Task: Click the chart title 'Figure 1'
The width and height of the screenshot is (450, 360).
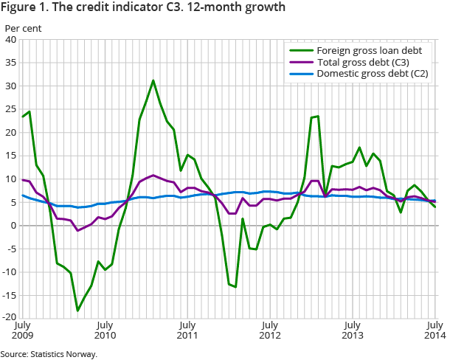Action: tap(145, 9)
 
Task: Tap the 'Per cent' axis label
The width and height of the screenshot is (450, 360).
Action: tap(24, 29)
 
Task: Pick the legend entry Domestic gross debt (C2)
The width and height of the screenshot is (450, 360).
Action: tap(371, 74)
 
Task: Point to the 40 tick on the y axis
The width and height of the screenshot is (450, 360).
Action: tap(12, 40)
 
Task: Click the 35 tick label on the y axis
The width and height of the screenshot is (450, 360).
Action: tap(12, 63)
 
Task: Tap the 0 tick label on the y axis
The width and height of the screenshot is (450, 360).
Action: tap(14, 226)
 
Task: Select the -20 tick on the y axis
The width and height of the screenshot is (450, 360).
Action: tap(10, 318)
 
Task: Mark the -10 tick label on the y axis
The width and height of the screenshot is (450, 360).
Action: tap(10, 272)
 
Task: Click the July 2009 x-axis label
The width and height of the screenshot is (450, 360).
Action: tap(22, 329)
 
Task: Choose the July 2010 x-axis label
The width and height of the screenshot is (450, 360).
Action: tap(105, 329)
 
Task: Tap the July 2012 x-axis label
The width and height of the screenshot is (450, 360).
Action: tap(270, 329)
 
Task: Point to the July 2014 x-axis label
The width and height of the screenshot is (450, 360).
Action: tap(435, 329)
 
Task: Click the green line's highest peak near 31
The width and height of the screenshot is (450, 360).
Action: tap(153, 80)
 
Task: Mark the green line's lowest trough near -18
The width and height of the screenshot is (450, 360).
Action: tap(77, 311)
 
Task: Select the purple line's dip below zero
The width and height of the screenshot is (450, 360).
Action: tap(77, 231)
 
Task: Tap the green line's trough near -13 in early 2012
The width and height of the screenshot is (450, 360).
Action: tap(235, 286)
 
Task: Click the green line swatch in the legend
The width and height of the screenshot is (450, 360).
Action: tap(298, 50)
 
